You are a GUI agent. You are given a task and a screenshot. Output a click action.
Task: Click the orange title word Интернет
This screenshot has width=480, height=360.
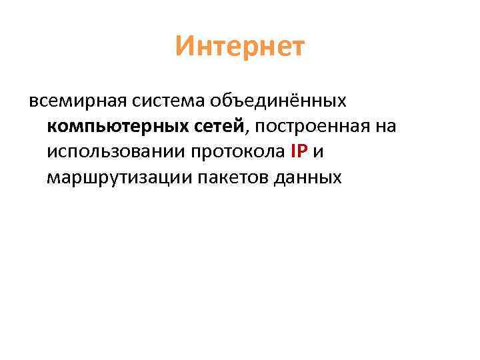pyautogui.click(x=240, y=47)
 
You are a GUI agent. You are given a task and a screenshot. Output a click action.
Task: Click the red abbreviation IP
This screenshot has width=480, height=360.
pyautogui.click(x=299, y=152)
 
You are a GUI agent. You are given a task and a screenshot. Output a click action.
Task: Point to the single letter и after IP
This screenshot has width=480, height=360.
pyautogui.click(x=318, y=153)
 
